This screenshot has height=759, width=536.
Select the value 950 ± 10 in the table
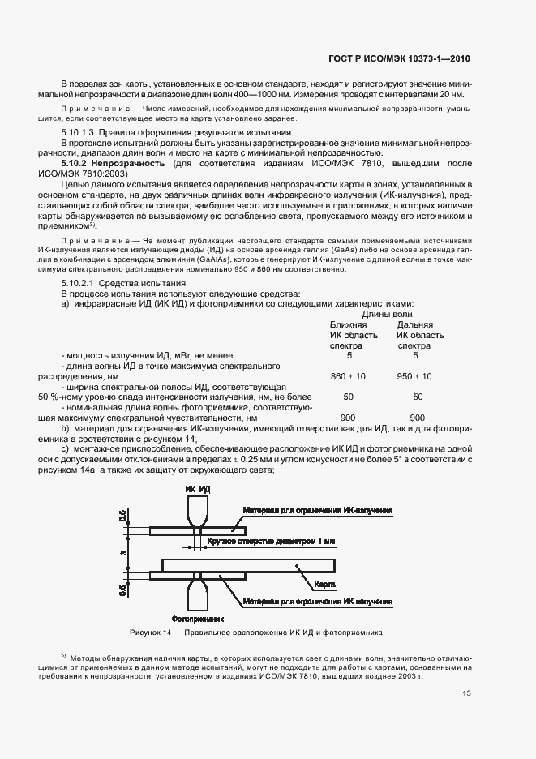(x=414, y=376)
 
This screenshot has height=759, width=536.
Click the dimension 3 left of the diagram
(x=123, y=554)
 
